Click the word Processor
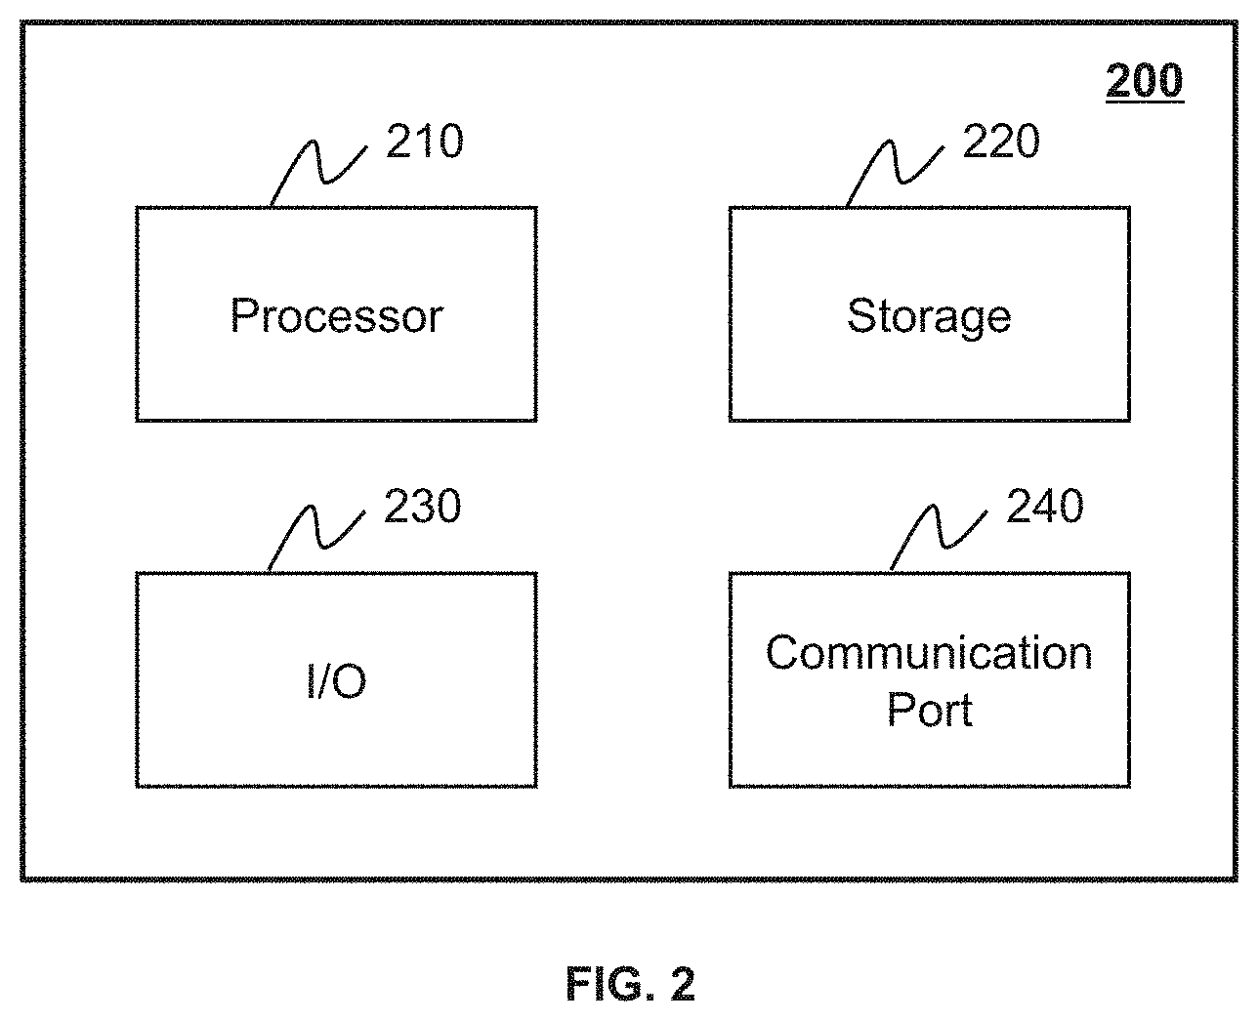click(x=336, y=315)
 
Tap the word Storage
click(x=929, y=317)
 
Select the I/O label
click(x=336, y=681)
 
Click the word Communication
click(x=929, y=653)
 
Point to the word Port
click(x=929, y=709)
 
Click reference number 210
click(x=425, y=142)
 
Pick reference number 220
click(x=1001, y=142)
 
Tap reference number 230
click(x=422, y=506)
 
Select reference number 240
click(x=1045, y=506)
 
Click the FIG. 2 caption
click(x=630, y=984)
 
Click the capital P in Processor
click(x=244, y=315)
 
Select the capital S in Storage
click(x=861, y=315)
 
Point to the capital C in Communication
click(x=783, y=653)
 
